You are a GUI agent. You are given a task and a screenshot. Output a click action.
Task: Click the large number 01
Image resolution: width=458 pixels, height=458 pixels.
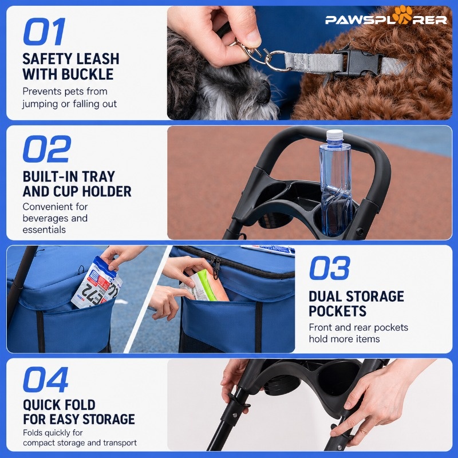click(44, 31)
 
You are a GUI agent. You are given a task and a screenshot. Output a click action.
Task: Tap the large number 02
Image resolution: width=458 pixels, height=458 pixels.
click(47, 149)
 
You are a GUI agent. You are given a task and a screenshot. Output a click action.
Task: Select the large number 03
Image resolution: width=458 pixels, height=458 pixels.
click(330, 267)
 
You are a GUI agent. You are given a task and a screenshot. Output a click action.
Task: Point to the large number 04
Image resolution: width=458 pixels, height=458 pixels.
click(46, 379)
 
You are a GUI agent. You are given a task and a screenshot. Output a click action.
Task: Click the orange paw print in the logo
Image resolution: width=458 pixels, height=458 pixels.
click(402, 15)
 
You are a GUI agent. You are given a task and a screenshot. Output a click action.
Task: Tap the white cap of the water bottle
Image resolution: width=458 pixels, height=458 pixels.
click(334, 135)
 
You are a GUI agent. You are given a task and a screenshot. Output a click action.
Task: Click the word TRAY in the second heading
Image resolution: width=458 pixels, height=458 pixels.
click(98, 176)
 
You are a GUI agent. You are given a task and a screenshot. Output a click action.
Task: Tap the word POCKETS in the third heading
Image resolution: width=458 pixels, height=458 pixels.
click(337, 311)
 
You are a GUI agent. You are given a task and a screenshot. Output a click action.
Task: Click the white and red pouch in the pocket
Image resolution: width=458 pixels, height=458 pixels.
click(96, 283)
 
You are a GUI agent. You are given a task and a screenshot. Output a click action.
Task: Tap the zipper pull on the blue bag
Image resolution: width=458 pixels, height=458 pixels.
click(216, 268)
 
